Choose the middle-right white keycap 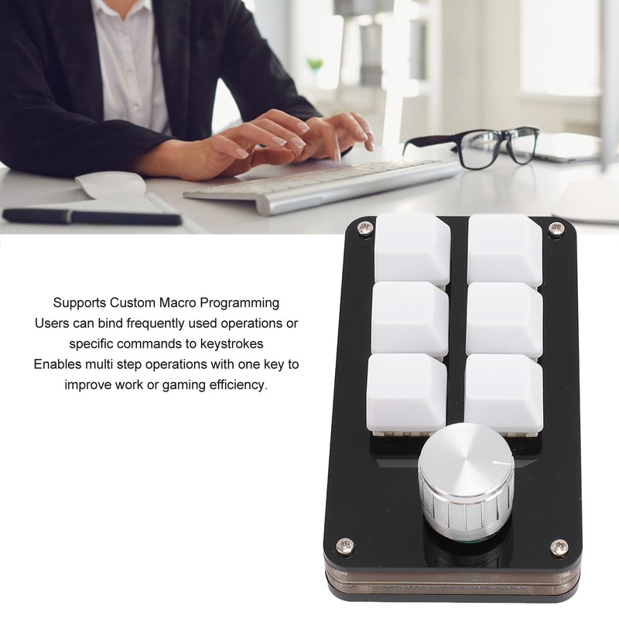pos(505,319)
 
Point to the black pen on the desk pos(92,216)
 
